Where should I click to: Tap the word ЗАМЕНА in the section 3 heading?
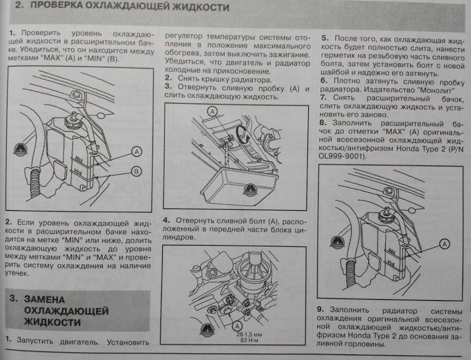45,299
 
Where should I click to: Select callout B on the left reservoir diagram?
136,172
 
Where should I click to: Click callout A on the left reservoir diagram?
136,151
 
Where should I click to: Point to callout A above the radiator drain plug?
213,111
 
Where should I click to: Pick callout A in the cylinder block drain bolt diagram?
237,325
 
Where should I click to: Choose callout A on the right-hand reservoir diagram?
444,243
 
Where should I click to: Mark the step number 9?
320,310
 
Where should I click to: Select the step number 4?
166,220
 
